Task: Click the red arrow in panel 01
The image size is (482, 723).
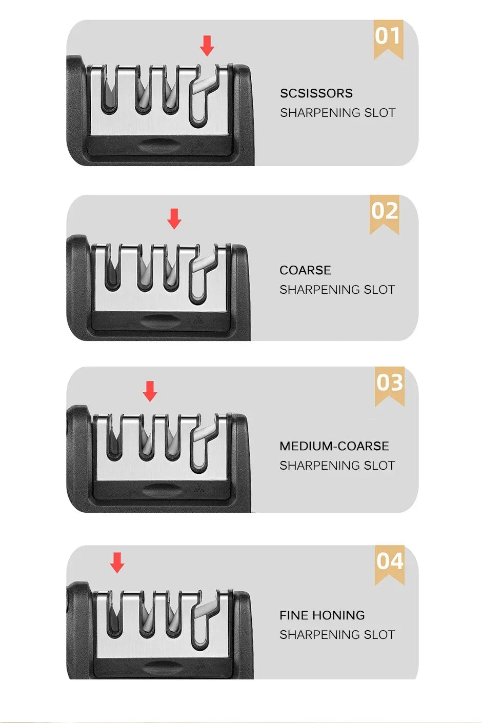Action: [x=207, y=46]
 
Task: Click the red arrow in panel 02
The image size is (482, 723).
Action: [x=174, y=219]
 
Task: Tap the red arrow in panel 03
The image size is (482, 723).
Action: [x=150, y=391]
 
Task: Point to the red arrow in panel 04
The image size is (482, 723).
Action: [x=117, y=563]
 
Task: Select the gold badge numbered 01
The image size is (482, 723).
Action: [x=388, y=39]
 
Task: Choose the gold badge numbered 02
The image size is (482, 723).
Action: [x=385, y=215]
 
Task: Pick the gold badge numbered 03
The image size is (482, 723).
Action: [x=390, y=386]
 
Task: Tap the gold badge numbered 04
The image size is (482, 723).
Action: [x=390, y=565]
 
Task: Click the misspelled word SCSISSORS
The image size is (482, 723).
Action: [x=316, y=93]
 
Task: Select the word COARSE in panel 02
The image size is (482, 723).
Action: [x=305, y=270]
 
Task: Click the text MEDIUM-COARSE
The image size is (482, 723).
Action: [x=334, y=446]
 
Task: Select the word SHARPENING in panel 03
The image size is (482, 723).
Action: [x=319, y=466]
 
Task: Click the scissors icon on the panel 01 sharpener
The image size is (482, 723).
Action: [x=199, y=143]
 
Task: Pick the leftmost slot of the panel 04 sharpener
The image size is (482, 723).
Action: [x=115, y=614]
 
